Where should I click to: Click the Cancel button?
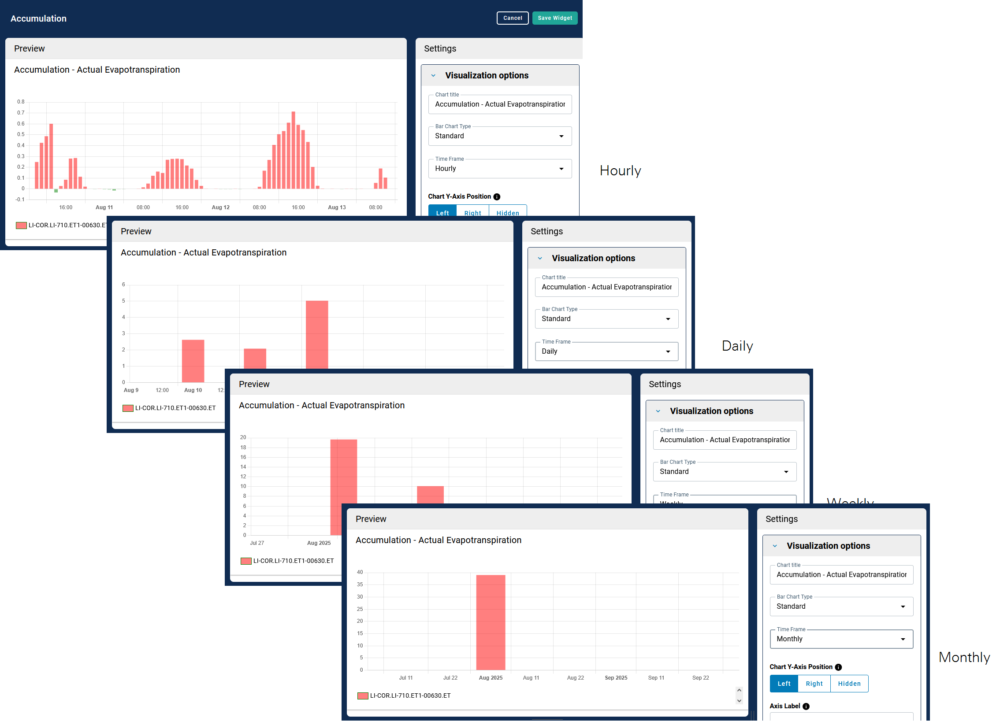click(512, 18)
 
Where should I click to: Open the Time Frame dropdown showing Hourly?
click(499, 169)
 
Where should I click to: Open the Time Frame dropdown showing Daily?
click(606, 351)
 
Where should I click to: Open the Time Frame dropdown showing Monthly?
click(841, 640)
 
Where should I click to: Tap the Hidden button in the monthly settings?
click(849, 684)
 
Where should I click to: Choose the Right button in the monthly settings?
click(814, 684)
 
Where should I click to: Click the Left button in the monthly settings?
click(784, 684)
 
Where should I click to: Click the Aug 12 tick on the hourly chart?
click(220, 207)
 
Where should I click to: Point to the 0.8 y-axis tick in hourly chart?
click(21, 102)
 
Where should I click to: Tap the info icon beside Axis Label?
click(806, 707)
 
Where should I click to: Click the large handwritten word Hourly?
click(620, 170)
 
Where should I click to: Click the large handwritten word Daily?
click(737, 346)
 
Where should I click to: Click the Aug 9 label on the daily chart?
click(131, 391)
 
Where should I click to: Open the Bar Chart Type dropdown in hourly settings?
click(499, 136)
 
